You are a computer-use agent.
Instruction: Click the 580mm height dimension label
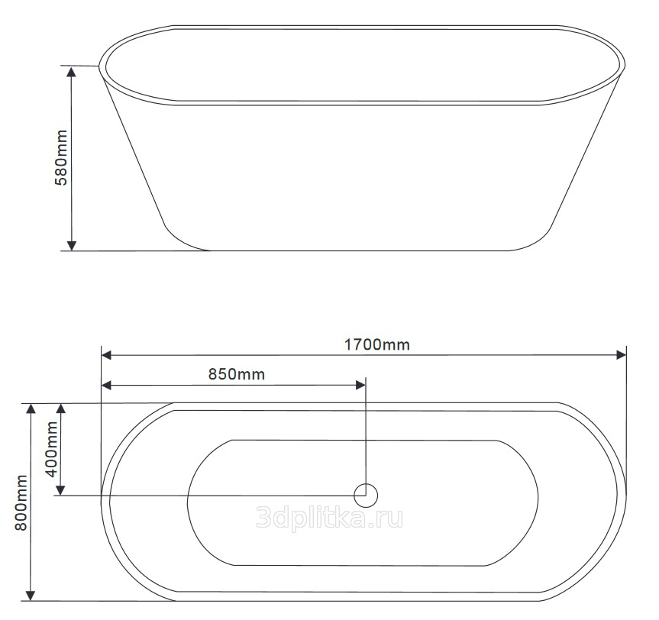(x=61, y=157)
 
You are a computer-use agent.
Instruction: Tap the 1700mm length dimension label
(x=377, y=344)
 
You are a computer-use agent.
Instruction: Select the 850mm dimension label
(x=237, y=374)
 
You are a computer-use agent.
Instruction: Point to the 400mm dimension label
(x=51, y=449)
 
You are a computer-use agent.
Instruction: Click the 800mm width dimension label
(x=21, y=502)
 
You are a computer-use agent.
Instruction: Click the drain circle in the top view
(x=366, y=496)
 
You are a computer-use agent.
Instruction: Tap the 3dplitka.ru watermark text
(x=330, y=517)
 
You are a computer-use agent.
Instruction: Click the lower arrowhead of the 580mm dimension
(x=72, y=245)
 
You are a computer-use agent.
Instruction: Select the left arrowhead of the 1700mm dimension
(x=106, y=355)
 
